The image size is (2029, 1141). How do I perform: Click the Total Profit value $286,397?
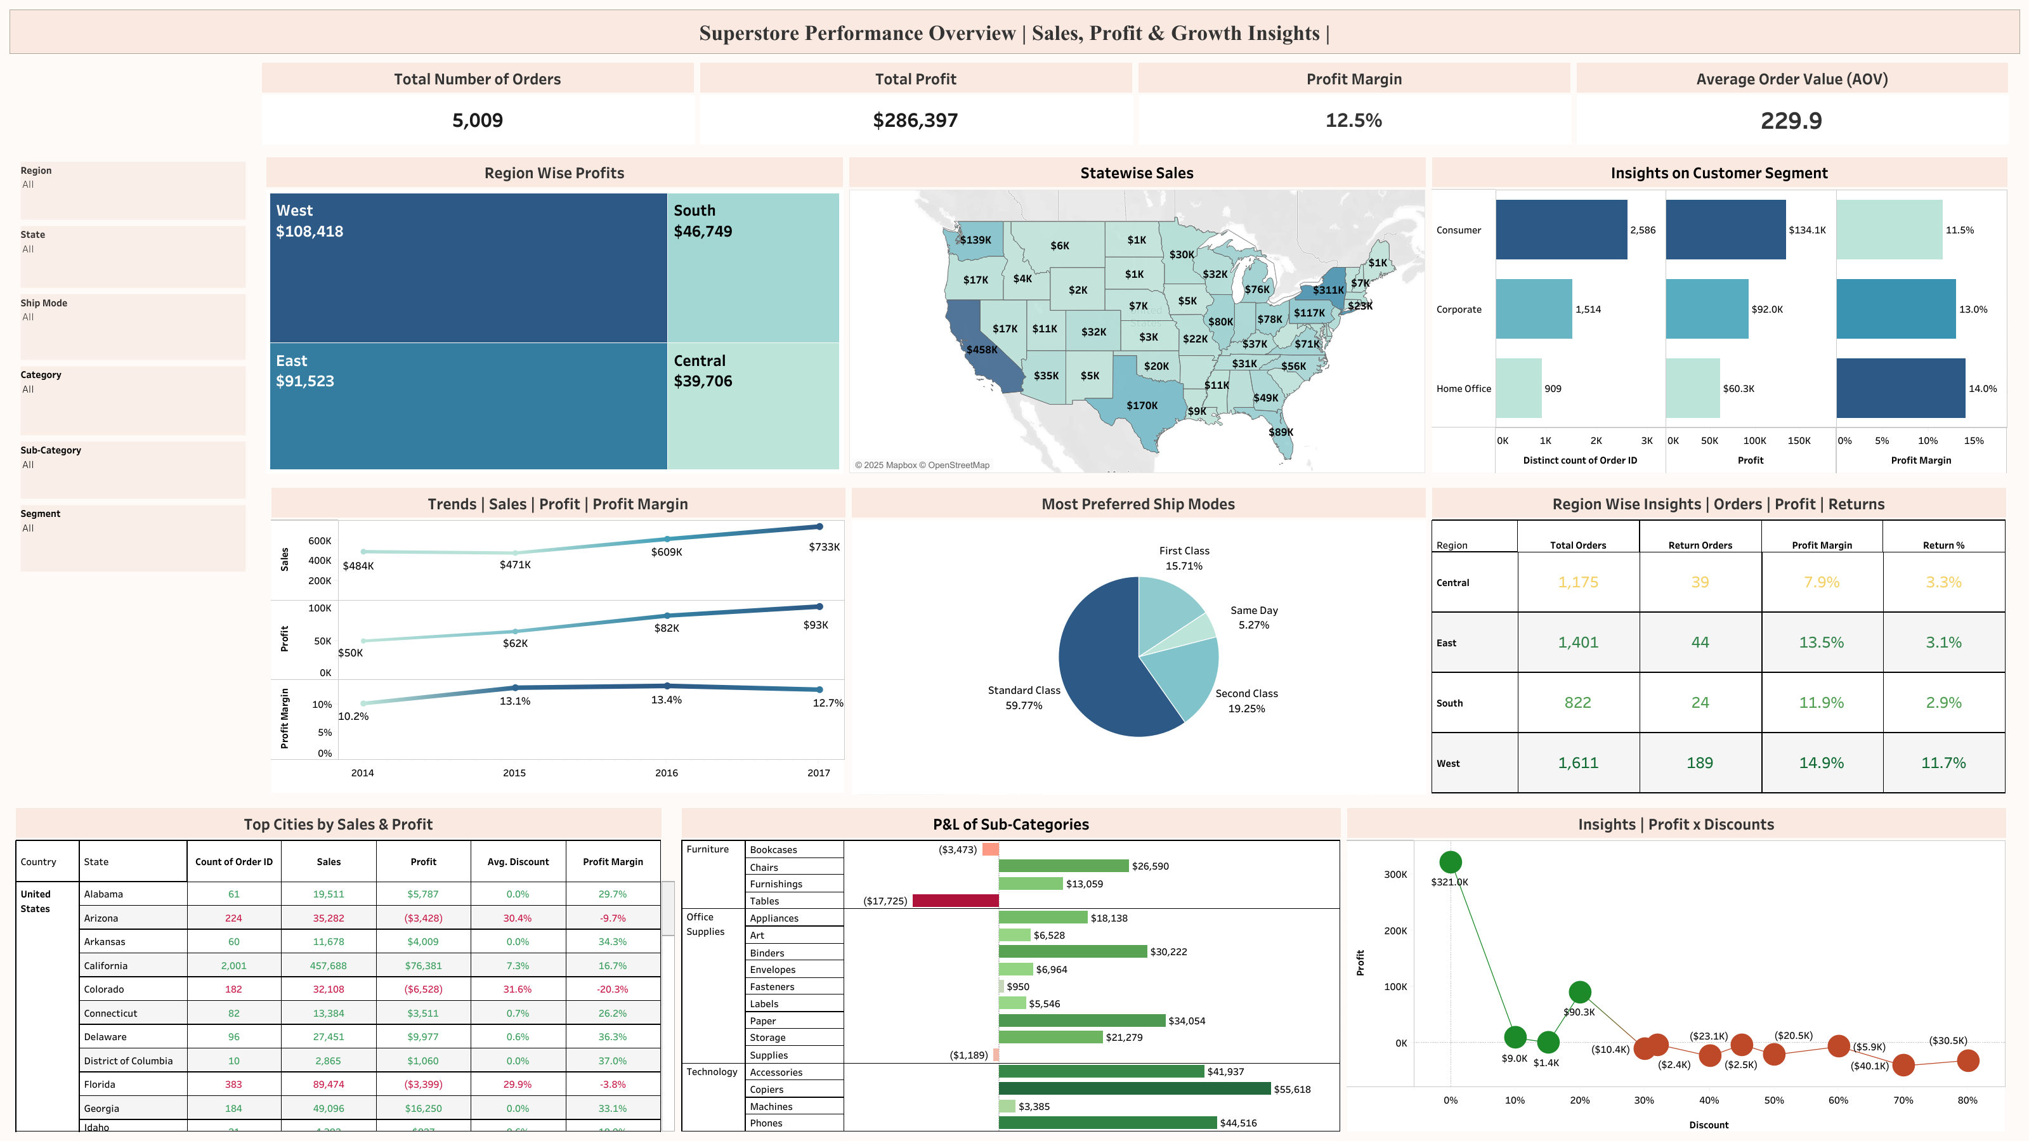(915, 121)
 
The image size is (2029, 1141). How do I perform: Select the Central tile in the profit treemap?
(752, 405)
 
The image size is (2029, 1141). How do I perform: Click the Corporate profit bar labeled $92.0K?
(1706, 310)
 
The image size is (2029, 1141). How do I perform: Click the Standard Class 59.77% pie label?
(1024, 698)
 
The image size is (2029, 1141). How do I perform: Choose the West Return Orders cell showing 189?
(1699, 763)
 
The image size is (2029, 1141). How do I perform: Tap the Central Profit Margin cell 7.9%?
(1821, 583)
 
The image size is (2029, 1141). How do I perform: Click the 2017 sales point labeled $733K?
(819, 527)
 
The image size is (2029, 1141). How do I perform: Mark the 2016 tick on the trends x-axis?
(667, 773)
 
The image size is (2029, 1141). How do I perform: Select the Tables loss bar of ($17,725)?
(955, 901)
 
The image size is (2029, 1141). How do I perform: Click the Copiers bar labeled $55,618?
(1134, 1089)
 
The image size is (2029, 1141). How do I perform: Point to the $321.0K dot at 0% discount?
(1450, 862)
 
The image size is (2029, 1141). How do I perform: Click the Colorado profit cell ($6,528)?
(423, 990)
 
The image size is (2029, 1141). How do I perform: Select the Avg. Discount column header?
(518, 862)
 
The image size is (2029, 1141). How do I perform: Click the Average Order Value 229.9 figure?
(1791, 121)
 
